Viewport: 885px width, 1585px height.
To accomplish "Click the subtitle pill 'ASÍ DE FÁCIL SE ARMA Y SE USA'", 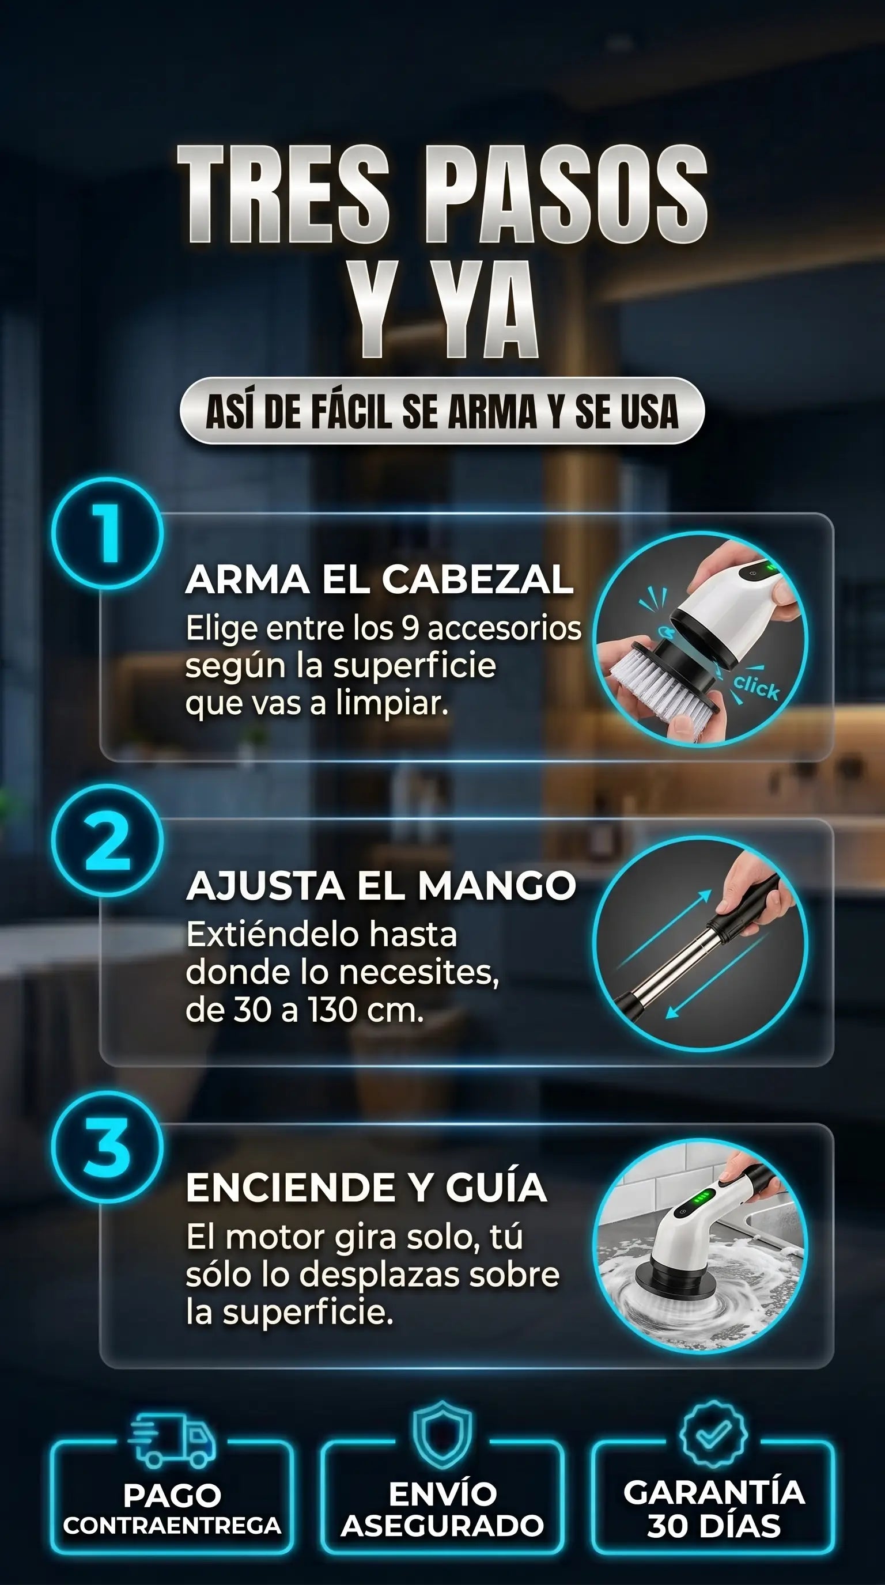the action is coord(442,411).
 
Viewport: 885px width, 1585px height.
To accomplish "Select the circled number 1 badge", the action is coord(108,533).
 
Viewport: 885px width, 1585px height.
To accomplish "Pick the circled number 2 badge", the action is coord(108,840).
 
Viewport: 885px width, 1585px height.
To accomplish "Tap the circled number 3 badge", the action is coord(108,1147).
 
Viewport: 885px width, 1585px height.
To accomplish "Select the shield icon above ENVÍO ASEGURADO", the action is coord(442,1434).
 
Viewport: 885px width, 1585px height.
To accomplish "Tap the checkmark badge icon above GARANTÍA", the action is coord(713,1432).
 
